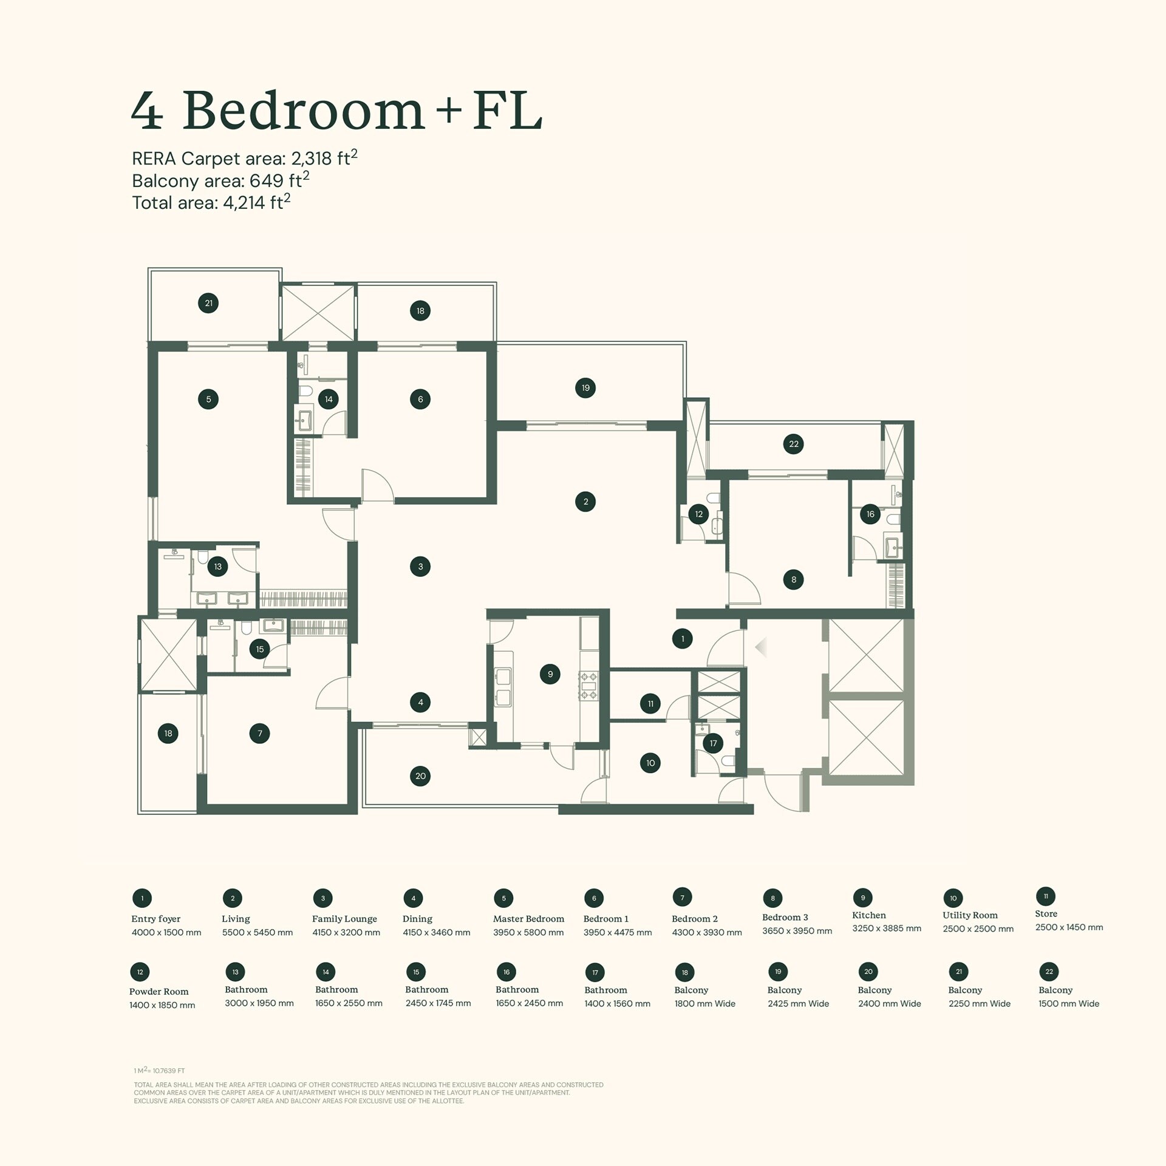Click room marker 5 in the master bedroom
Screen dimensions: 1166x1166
208,399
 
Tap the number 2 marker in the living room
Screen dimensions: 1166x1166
585,502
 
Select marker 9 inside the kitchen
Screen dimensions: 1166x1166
550,674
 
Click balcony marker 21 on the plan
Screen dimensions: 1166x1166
208,303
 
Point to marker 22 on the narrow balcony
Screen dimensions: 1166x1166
794,444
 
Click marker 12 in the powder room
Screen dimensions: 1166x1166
699,514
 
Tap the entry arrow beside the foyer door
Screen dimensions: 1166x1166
761,647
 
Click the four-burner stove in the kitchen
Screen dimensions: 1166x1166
588,686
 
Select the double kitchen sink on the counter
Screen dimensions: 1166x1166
503,687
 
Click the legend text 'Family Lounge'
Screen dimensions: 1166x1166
344,919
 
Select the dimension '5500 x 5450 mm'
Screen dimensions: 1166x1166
257,932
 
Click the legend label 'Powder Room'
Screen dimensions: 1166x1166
159,992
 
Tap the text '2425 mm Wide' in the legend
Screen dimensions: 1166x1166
798,1004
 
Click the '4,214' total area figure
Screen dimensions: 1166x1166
244,203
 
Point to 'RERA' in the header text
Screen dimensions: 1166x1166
154,159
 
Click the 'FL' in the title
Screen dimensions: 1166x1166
507,111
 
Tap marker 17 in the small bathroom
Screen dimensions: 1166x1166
713,743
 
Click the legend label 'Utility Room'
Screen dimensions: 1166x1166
970,915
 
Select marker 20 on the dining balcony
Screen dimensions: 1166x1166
420,776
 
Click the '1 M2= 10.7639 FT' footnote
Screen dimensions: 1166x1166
159,1071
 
